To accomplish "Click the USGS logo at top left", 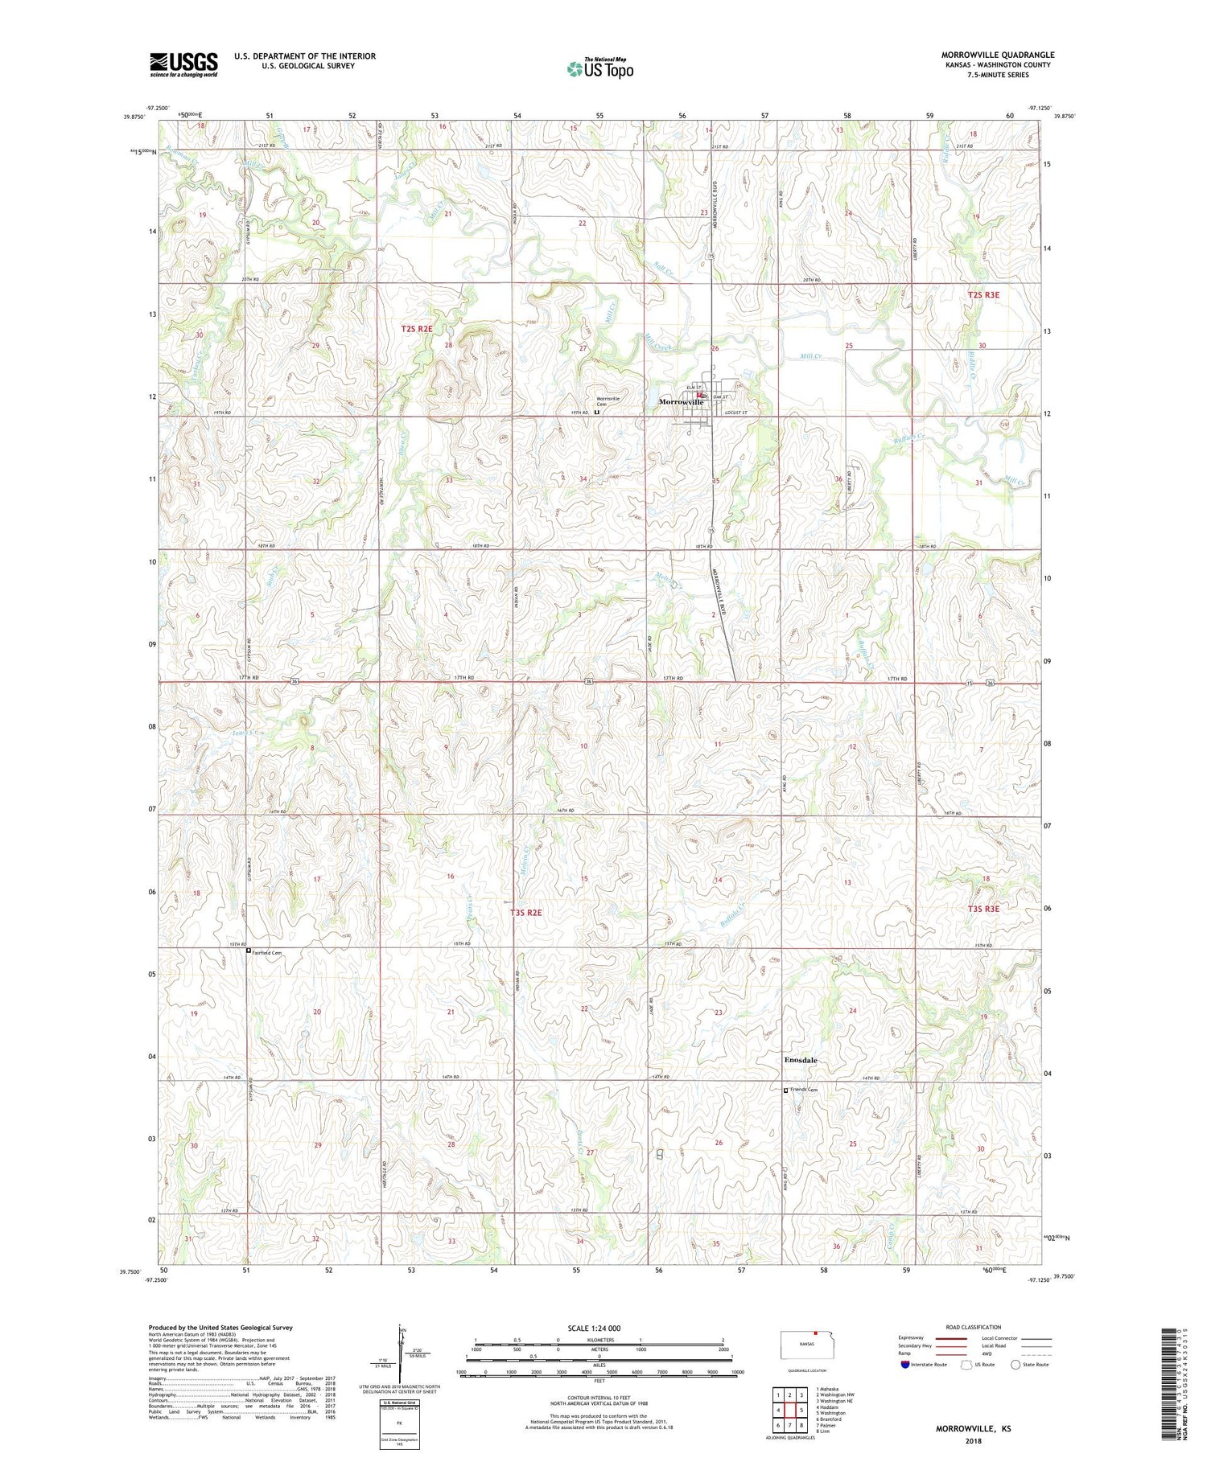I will coord(183,64).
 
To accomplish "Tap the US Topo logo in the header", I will coord(599,69).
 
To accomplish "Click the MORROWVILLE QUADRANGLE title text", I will coord(997,55).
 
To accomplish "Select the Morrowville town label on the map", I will coord(681,402).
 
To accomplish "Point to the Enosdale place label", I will coord(800,1060).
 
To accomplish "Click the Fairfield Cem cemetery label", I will coord(266,952).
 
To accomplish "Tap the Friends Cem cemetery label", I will coord(803,1090).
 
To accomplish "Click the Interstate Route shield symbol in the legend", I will coord(906,1365).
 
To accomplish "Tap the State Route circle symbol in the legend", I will coord(1015,1365).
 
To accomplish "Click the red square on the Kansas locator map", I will coord(814,1330).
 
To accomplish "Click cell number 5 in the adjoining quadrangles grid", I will coord(801,1411).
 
